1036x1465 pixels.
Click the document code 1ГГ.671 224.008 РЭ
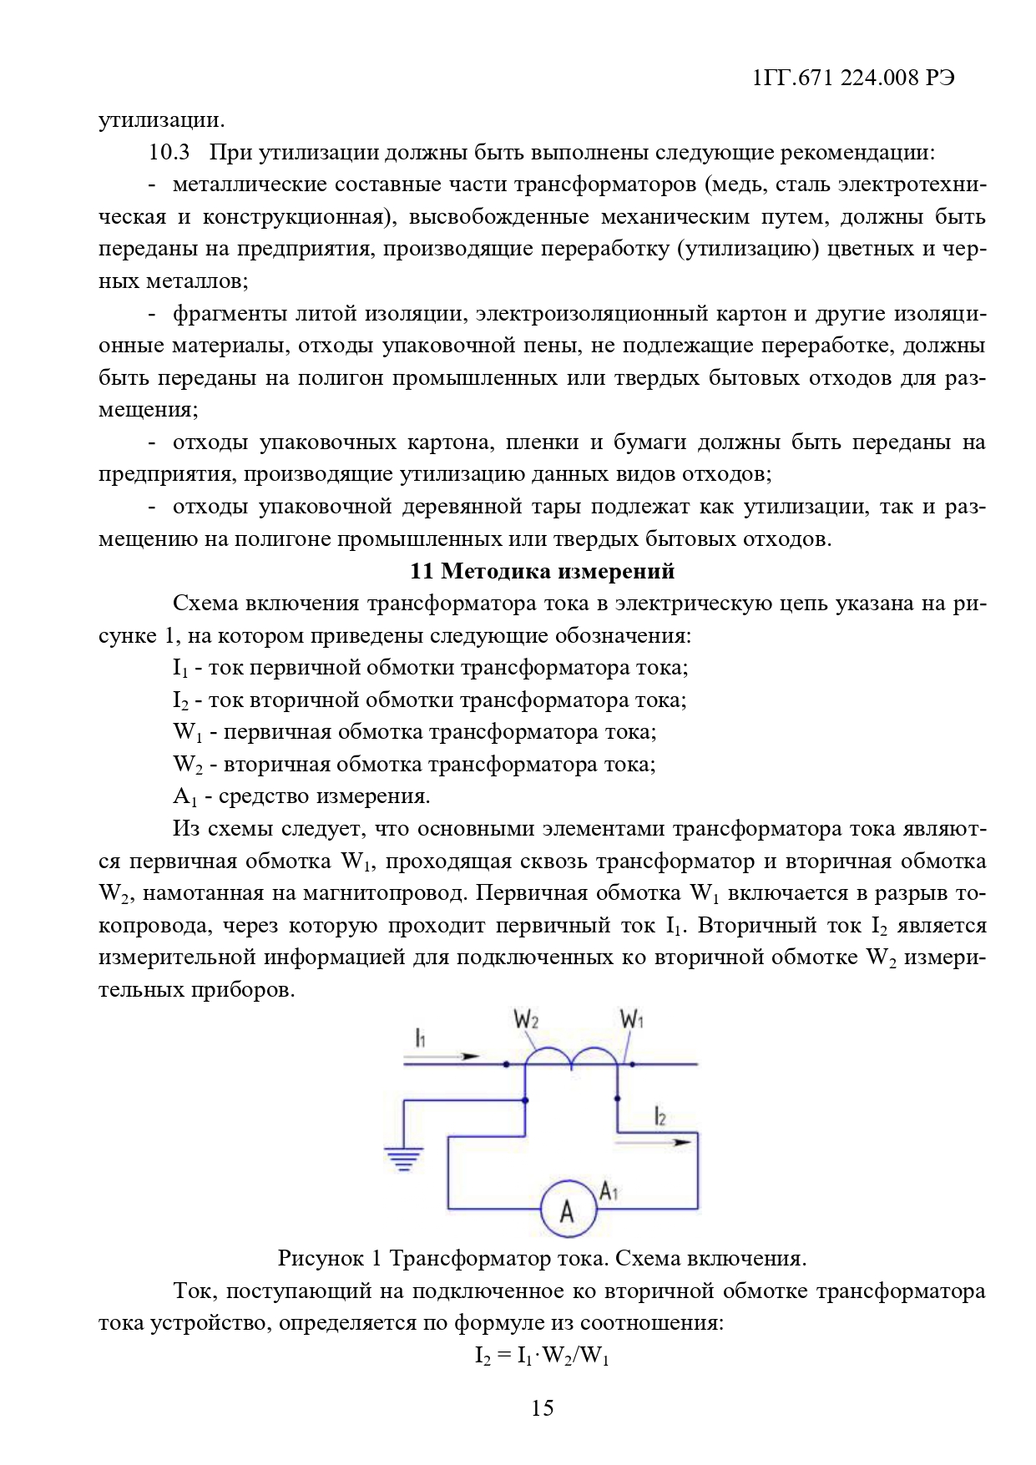(852, 78)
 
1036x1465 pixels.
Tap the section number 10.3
(169, 152)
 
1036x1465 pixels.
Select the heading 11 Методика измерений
(542, 571)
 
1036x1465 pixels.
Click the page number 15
(542, 1408)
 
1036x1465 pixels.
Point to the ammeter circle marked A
(568, 1210)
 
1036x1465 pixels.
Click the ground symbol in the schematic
(404, 1159)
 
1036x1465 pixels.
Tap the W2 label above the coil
(526, 1019)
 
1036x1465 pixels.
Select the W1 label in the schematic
(632, 1019)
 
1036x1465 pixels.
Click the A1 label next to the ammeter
(609, 1191)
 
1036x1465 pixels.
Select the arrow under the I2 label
(655, 1141)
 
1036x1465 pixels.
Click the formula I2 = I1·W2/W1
(542, 1356)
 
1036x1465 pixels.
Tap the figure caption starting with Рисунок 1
(542, 1258)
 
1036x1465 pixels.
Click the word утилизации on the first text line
(161, 120)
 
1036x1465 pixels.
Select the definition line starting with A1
(301, 796)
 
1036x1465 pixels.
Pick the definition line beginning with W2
(414, 765)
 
